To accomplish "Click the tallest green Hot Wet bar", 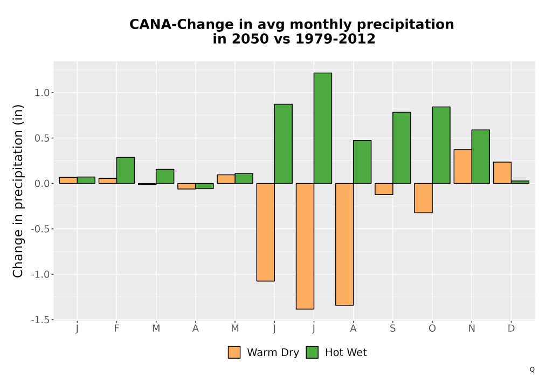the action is [x=323, y=128].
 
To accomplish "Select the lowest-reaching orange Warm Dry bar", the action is [x=305, y=246].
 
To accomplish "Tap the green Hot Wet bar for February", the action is [x=126, y=170].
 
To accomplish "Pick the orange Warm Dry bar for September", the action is [x=384, y=189].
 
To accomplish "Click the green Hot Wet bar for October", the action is [x=441, y=145].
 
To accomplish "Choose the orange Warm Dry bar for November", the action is [x=462, y=166].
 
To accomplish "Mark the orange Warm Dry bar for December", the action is [x=502, y=173].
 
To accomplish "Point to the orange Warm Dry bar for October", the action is [x=423, y=198].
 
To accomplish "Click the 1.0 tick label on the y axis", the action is [x=42, y=93].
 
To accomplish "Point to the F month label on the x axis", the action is [x=116, y=329].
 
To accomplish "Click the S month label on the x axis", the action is [x=392, y=329].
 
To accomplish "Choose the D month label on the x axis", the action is [x=511, y=329].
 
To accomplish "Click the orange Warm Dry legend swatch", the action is [x=234, y=352].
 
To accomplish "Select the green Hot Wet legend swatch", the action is [x=312, y=352].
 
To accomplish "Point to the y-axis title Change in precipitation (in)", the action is [x=18, y=191].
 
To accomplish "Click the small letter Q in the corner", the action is [x=532, y=369].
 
